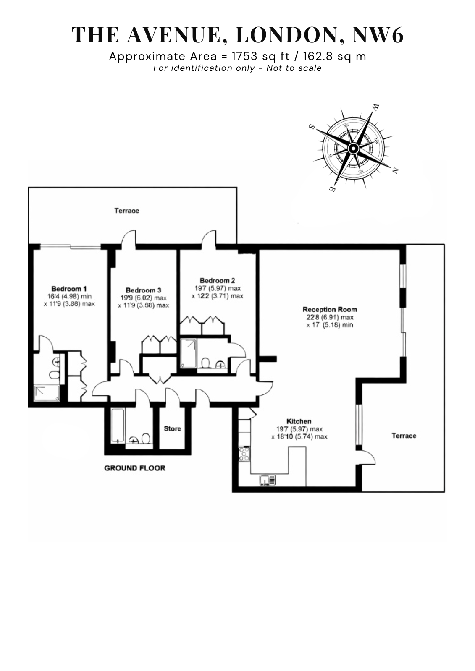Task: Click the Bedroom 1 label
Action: click(69, 289)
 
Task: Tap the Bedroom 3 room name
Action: click(143, 290)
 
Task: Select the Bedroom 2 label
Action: click(218, 280)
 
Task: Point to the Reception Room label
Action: click(330, 309)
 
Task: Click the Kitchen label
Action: click(299, 421)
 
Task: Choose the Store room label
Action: click(173, 429)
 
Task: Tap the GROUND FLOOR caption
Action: click(135, 468)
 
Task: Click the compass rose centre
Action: click(353, 148)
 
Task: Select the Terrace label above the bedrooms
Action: click(127, 211)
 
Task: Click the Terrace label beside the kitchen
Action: click(404, 436)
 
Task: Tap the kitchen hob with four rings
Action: click(244, 454)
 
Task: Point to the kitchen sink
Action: click(268, 480)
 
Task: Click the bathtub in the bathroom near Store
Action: click(117, 426)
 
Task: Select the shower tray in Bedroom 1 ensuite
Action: click(47, 393)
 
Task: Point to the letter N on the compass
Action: click(396, 171)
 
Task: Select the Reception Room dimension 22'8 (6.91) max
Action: click(330, 317)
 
